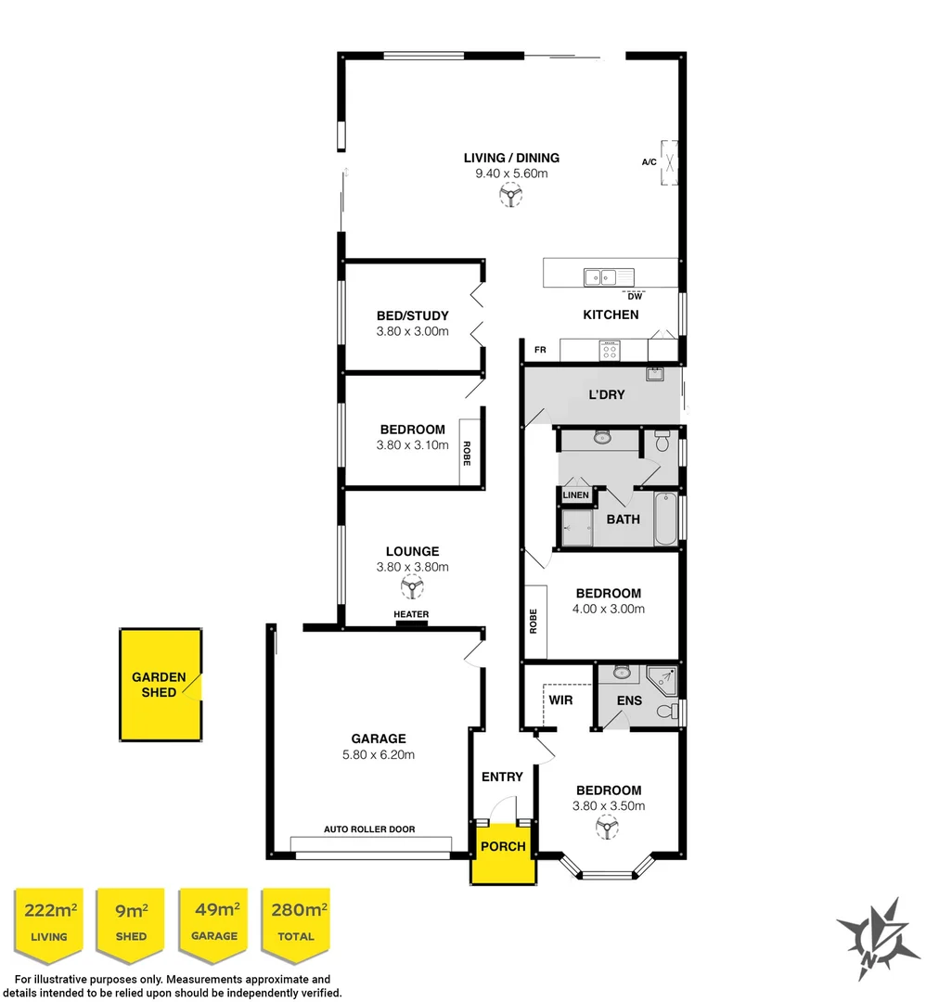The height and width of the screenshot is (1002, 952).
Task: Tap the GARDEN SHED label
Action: pyautogui.click(x=159, y=685)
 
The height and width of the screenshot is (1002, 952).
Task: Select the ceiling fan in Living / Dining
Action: pyautogui.click(x=510, y=195)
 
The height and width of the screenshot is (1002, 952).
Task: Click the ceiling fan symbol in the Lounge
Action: pyautogui.click(x=411, y=586)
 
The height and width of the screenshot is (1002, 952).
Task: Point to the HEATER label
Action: pyautogui.click(x=411, y=614)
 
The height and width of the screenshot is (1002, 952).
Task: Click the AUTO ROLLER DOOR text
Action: pyautogui.click(x=369, y=829)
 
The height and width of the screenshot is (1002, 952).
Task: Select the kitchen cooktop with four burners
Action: pyautogui.click(x=609, y=351)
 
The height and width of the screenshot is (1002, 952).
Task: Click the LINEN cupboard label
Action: pyautogui.click(x=575, y=495)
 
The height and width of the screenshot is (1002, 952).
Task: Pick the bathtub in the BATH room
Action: pyautogui.click(x=665, y=520)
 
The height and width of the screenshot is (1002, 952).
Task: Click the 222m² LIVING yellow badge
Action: pyautogui.click(x=49, y=921)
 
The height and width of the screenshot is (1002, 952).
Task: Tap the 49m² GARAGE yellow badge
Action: pyautogui.click(x=214, y=921)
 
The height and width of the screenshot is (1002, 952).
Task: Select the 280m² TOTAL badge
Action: pyautogui.click(x=296, y=921)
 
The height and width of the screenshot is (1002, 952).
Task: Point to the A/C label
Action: pyautogui.click(x=650, y=162)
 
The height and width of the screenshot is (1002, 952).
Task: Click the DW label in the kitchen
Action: pyautogui.click(x=635, y=297)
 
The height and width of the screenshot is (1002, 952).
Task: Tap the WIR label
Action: pyautogui.click(x=560, y=700)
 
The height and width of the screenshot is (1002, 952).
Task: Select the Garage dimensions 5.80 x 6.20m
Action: pyautogui.click(x=378, y=754)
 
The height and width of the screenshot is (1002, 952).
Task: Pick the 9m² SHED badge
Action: pyautogui.click(x=131, y=921)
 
